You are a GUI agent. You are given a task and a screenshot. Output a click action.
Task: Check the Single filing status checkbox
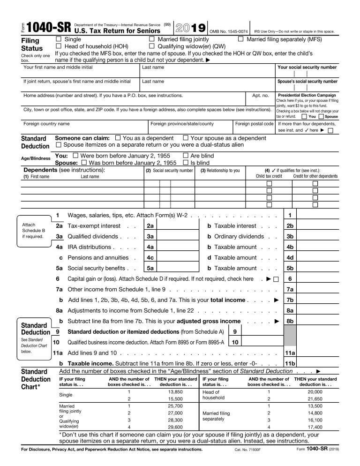[59, 39]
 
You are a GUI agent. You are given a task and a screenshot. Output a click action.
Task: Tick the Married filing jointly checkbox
[151, 39]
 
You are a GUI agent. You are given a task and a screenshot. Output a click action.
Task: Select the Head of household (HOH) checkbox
[59, 46]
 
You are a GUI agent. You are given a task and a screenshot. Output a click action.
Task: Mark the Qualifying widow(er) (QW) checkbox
[151, 46]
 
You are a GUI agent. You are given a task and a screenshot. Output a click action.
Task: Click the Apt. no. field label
[260, 96]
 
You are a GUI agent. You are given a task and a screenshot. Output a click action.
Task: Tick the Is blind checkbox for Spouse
[185, 163]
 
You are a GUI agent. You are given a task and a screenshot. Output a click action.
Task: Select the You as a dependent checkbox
[118, 138]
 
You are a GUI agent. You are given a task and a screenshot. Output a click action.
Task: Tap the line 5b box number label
[290, 268]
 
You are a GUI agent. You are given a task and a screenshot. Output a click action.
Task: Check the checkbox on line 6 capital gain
[276, 279]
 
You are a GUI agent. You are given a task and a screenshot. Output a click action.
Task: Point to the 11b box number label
[290, 363]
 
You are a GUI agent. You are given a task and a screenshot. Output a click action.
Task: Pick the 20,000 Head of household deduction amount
[315, 391]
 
